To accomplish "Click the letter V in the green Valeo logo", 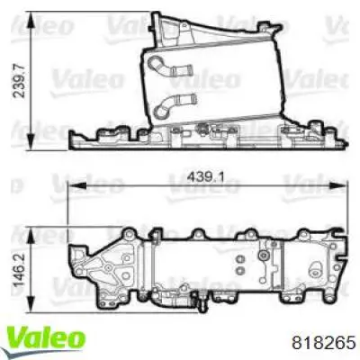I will (x=19, y=338).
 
